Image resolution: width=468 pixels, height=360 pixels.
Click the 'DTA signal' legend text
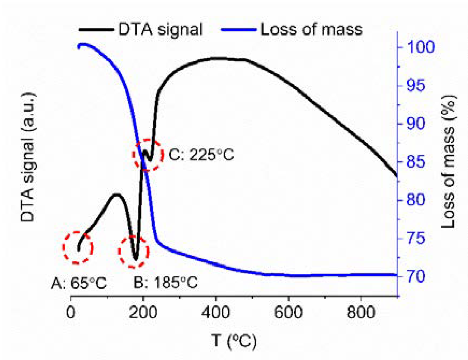click(x=160, y=30)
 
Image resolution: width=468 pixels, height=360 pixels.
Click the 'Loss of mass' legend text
click(x=311, y=30)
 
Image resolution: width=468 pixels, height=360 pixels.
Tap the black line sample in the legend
click(x=96, y=30)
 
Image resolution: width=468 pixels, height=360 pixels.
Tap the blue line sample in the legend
click(x=239, y=30)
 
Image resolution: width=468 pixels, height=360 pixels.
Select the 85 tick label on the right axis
click(x=416, y=162)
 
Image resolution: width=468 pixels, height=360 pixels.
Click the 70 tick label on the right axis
click(x=416, y=276)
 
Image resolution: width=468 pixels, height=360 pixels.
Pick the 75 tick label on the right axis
click(x=416, y=238)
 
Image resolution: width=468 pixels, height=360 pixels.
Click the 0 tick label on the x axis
click(x=71, y=313)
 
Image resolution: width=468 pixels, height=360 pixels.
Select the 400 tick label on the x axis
click(x=216, y=313)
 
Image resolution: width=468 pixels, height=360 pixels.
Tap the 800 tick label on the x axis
click(x=361, y=313)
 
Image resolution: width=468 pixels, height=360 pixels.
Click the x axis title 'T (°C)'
click(x=234, y=341)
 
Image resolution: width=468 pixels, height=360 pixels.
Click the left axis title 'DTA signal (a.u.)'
click(x=28, y=157)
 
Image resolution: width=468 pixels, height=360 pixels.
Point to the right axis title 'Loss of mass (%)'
click(x=448, y=161)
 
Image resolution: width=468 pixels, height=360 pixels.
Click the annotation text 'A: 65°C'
click(x=79, y=283)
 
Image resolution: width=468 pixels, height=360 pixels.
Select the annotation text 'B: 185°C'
click(x=165, y=283)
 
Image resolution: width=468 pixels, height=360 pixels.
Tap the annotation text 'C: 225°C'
click(x=201, y=155)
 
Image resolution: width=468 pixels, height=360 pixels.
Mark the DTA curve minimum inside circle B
click(x=135, y=259)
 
